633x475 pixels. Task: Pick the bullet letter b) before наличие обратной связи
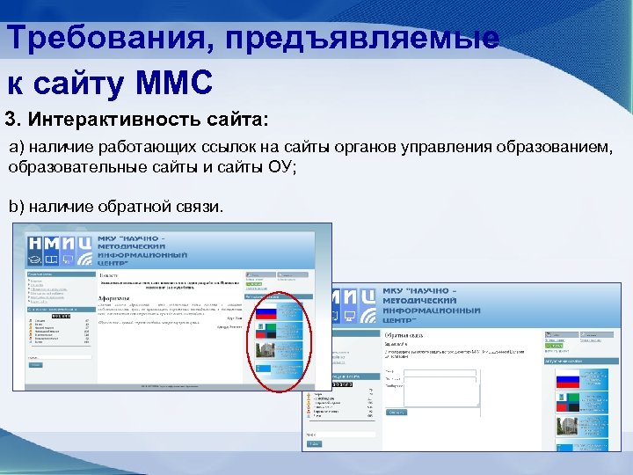tap(17, 206)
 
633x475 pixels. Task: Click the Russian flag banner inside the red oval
tap(266, 311)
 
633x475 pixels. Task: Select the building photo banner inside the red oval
tap(266, 352)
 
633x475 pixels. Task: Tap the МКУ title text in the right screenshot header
tap(431, 301)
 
